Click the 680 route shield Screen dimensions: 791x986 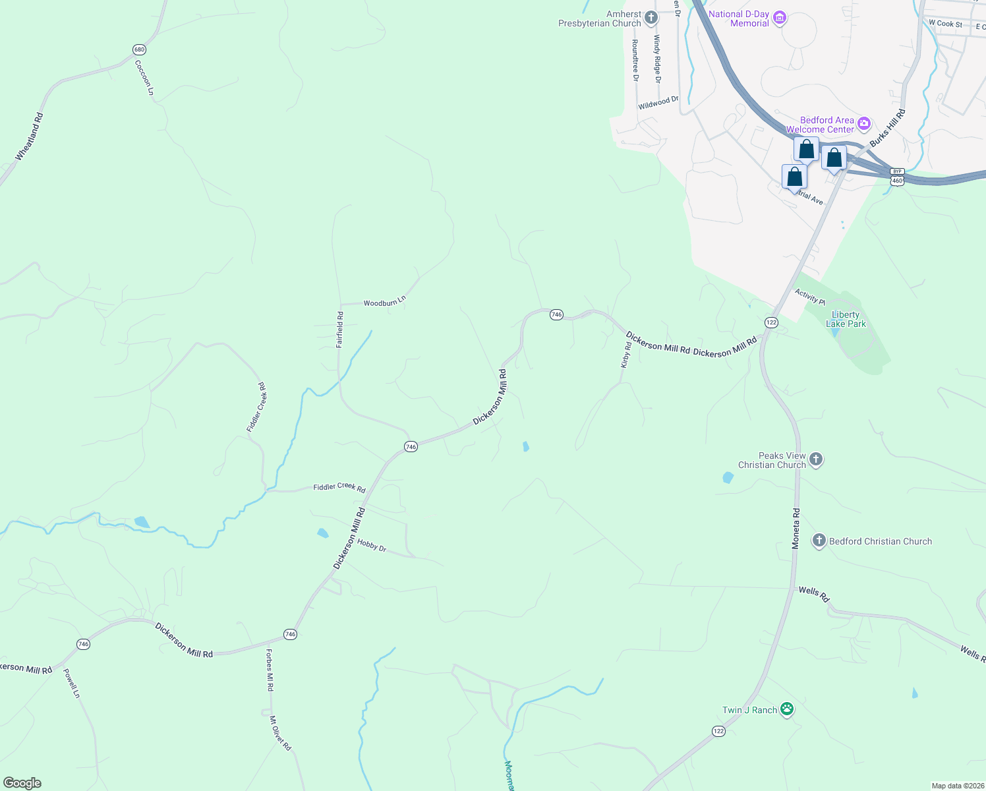pos(138,49)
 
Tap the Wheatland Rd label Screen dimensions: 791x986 pos(29,136)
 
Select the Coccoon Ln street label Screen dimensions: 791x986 pos(144,78)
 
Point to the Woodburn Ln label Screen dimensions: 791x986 pos(384,302)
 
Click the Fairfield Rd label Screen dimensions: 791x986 pos(339,330)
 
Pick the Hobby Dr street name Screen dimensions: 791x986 pos(372,545)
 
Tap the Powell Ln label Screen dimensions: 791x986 pos(71,684)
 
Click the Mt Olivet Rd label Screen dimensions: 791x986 pos(279,734)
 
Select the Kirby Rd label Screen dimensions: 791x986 pos(626,355)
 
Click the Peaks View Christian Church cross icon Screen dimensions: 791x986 pos(816,459)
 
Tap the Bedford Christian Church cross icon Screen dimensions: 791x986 pos(819,541)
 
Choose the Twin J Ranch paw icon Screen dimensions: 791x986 pos(786,709)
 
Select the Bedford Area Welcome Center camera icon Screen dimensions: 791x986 pos(864,124)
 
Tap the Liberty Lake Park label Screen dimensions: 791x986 pos(846,319)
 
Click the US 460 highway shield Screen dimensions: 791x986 pos(896,180)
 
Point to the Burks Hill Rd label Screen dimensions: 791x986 pos(887,128)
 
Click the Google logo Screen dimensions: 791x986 pos(22,782)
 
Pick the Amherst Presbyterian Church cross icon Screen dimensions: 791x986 pos(651,18)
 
